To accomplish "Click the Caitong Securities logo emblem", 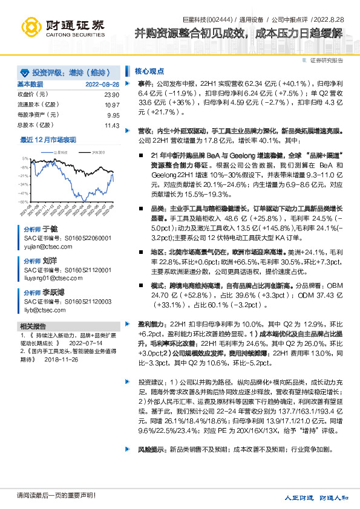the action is [34, 27].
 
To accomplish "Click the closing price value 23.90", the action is [111, 95].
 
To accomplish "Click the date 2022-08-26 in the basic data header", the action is [102, 85].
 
